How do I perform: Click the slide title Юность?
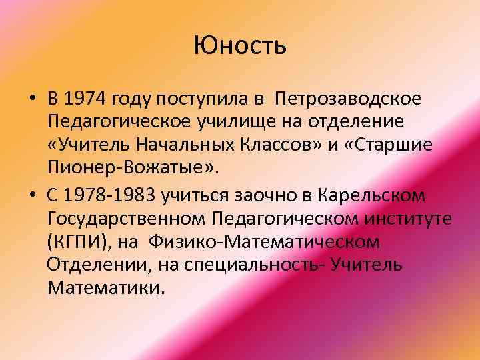(240, 46)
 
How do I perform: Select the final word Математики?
(104, 288)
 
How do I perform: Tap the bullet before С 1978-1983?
(32, 195)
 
